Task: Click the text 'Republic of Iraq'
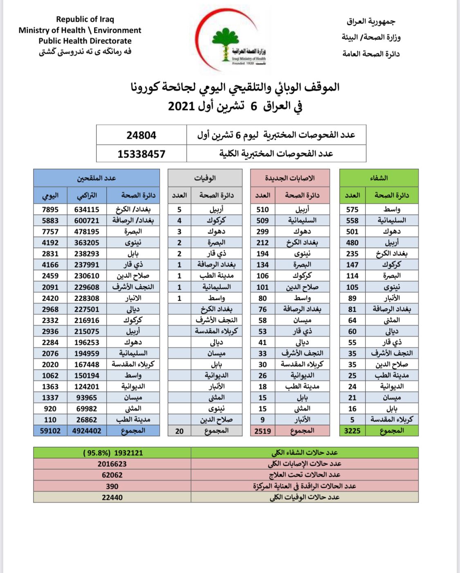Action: tap(85, 19)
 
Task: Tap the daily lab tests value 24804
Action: tap(141, 135)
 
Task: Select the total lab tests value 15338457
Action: tap(141, 154)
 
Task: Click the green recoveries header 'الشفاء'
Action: tap(379, 178)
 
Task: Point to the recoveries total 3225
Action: tap(352, 431)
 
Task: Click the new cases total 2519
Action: tap(263, 431)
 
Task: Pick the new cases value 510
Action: tap(263, 209)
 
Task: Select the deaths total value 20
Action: tap(179, 431)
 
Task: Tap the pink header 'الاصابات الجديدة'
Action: tap(290, 178)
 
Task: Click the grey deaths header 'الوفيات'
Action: tap(205, 178)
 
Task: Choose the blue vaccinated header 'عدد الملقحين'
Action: tap(96, 178)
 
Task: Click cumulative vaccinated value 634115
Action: tap(87, 209)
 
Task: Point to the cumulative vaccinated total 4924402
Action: tap(87, 431)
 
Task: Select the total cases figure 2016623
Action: tap(112, 464)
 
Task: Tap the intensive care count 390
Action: tap(112, 486)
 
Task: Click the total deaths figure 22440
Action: tap(112, 497)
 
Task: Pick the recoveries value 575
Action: tap(352, 209)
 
